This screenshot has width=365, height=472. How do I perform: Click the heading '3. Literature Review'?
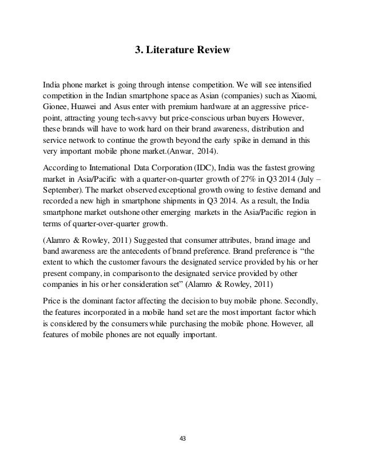(182, 51)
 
